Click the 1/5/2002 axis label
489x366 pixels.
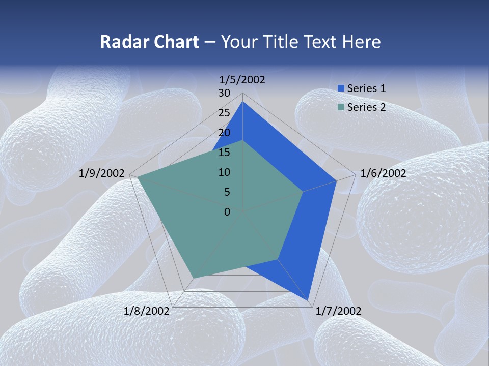tap(242, 79)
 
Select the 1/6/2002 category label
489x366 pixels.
tap(383, 173)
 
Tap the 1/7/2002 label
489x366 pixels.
tap(339, 311)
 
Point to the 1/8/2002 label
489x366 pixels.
tap(147, 311)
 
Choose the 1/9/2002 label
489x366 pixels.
tap(102, 173)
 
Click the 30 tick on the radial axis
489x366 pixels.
tap(224, 93)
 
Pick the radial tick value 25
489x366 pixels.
tap(224, 113)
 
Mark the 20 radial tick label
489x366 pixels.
tap(224, 133)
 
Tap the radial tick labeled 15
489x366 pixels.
tap(224, 152)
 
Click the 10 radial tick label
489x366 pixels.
tap(224, 172)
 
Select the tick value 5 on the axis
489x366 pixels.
tap(227, 192)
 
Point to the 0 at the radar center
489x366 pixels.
tap(227, 212)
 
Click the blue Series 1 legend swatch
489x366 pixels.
tap(341, 88)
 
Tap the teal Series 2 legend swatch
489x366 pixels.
tap(341, 107)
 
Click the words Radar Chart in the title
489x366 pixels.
tap(149, 42)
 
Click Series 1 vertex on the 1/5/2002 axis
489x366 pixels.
tap(242, 102)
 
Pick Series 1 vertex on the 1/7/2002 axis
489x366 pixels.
tap(308, 300)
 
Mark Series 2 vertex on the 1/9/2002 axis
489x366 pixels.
tap(138, 177)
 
